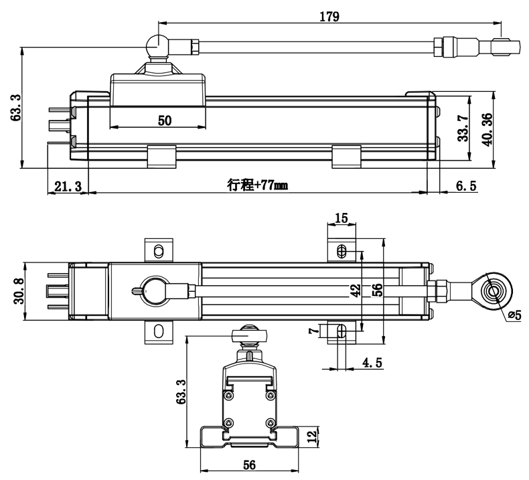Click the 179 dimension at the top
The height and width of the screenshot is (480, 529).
329,17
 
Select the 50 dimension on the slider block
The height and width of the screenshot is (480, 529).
165,121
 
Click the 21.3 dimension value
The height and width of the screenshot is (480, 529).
67,187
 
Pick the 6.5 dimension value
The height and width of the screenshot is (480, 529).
466,187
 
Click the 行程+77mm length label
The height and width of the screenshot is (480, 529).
257,186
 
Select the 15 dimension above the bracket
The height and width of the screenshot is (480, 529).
342,218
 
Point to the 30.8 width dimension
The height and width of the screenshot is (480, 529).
19,291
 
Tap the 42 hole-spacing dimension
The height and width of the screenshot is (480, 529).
356,290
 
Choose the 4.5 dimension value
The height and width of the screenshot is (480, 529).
372,364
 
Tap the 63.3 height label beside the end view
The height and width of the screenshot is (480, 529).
180,392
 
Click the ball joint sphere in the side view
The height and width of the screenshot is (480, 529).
156,45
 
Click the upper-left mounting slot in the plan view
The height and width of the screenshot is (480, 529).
158,250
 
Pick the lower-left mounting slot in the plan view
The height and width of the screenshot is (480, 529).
158,331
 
